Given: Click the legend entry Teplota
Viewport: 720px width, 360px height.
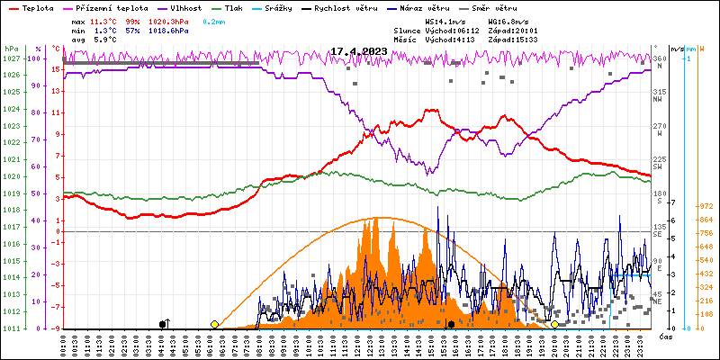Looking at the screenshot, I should [37, 7].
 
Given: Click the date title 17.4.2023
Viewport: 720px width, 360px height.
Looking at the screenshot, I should [358, 51].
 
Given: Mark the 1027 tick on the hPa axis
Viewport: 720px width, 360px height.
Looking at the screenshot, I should [11, 58].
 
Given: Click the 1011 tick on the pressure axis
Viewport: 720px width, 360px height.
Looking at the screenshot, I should [11, 328].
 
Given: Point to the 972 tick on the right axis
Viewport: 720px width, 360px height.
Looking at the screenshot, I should [706, 206].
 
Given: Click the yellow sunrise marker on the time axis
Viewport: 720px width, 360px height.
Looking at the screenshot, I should [214, 324].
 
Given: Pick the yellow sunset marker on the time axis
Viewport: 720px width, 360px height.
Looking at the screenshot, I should [554, 324].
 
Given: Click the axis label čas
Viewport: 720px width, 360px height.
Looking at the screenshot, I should [666, 337].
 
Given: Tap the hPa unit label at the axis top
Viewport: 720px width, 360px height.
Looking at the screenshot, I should [11, 49].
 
